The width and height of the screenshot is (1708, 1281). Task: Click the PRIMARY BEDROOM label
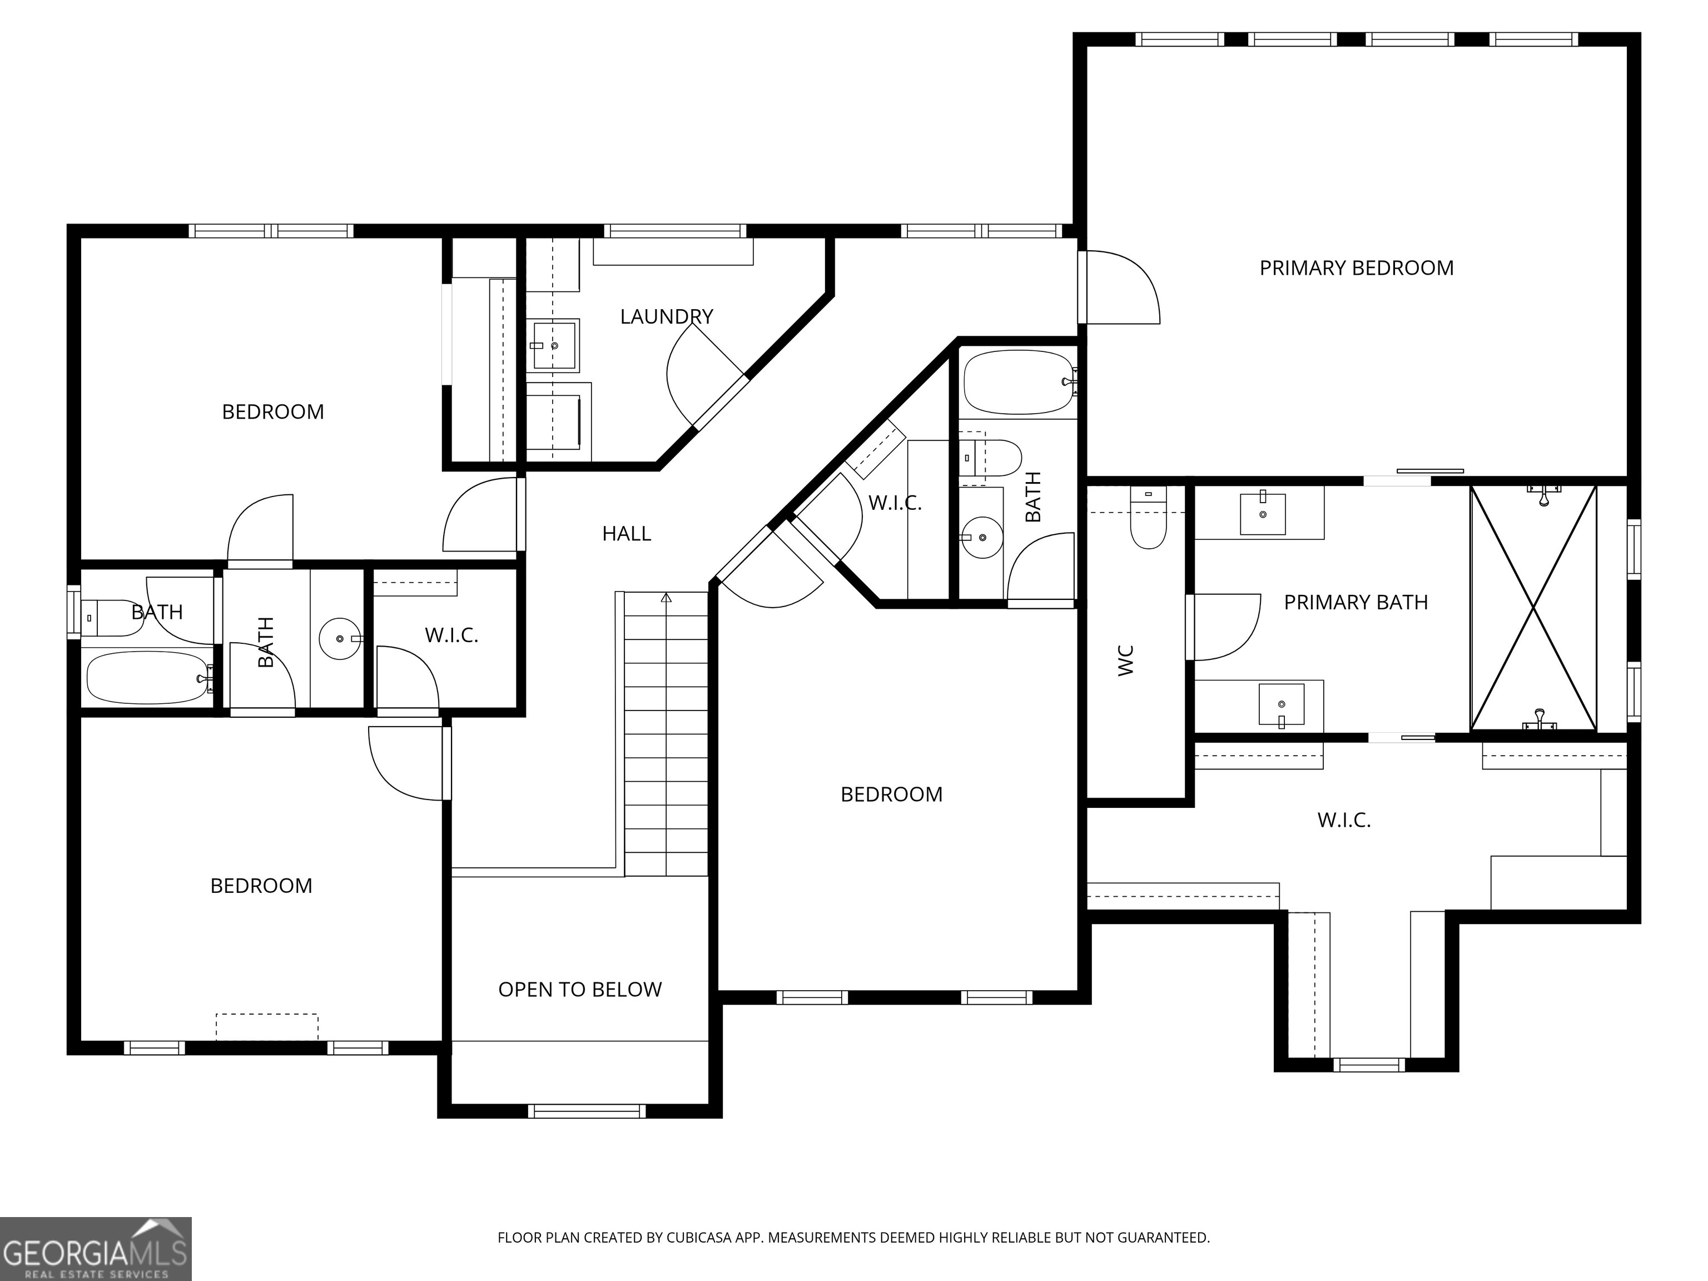pos(1356,268)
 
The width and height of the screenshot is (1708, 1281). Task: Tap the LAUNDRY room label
pos(667,316)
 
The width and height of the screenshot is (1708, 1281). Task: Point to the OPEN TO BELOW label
pos(580,990)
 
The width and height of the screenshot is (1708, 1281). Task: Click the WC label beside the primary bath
pos(1126,661)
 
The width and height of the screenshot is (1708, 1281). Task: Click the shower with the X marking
pos(1533,608)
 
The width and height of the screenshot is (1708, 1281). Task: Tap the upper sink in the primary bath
pos(1263,514)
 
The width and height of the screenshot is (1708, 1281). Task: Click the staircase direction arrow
pos(667,598)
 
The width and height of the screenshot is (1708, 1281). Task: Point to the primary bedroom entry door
pos(1120,287)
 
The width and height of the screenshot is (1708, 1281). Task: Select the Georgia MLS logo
pos(95,1249)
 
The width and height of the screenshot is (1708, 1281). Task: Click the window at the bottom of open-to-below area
pos(587,1111)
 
